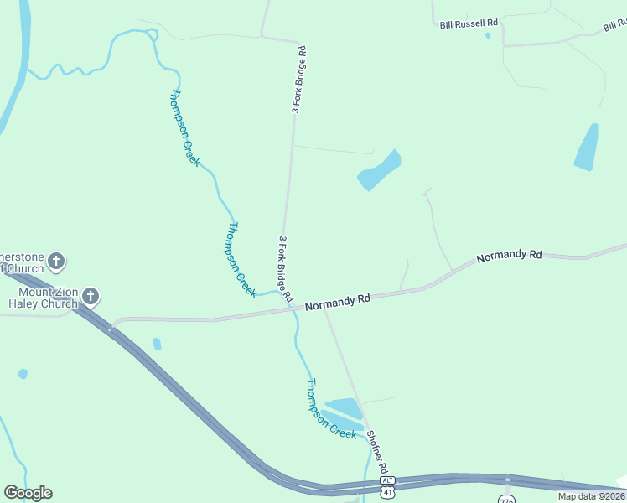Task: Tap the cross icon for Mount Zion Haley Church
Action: pos(91,296)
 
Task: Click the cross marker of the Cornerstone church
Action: pos(56,261)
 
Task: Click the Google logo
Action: pos(28,493)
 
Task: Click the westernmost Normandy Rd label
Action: pos(338,302)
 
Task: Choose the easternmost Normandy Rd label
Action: pos(510,257)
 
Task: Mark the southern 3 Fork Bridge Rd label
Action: pos(285,268)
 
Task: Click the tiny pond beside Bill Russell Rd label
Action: pos(487,35)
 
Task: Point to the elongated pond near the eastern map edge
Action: pos(587,148)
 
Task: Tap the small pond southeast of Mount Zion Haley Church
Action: pos(157,344)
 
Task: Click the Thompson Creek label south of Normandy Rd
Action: pos(330,408)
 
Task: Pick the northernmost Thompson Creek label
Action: pos(185,127)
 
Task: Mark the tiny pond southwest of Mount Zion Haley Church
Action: pos(23,374)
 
